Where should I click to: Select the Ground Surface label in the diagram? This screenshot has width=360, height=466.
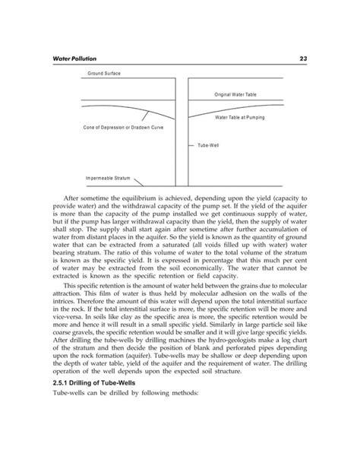pos(104,73)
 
